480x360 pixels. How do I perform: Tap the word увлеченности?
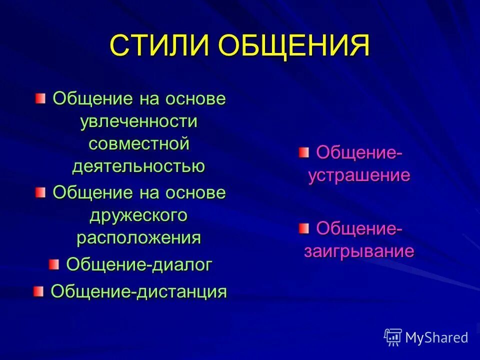pyautogui.click(x=139, y=121)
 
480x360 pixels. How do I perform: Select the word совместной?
pyautogui.click(x=139, y=144)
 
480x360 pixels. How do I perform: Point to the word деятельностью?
pyautogui.click(x=138, y=166)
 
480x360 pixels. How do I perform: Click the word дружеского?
pyautogui.click(x=139, y=215)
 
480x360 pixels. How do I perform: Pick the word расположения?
pyautogui.click(x=139, y=237)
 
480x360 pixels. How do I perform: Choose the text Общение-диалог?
pyautogui.click(x=139, y=265)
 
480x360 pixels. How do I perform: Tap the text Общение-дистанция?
pyautogui.click(x=139, y=291)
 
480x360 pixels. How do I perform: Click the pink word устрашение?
pyautogui.click(x=359, y=175)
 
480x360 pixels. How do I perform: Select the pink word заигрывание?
pyautogui.click(x=359, y=251)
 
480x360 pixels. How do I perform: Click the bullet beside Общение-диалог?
pyautogui.click(x=53, y=264)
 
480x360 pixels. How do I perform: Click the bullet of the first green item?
pyautogui.click(x=40, y=97)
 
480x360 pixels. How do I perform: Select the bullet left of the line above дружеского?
pyautogui.click(x=40, y=192)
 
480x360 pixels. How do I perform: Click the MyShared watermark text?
pyautogui.click(x=436, y=338)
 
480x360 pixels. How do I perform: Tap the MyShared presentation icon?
pyautogui.click(x=393, y=337)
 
